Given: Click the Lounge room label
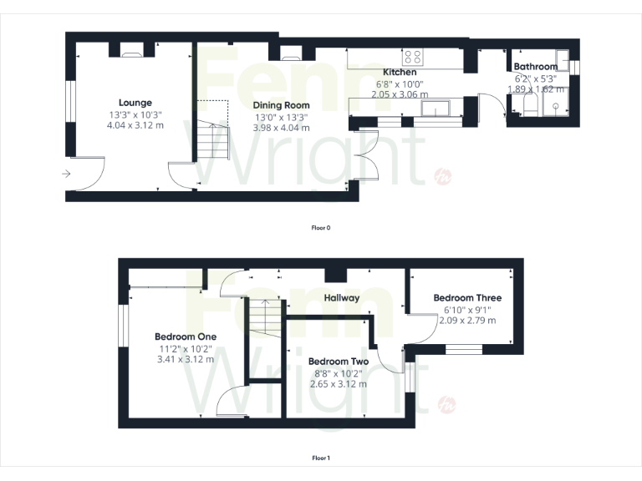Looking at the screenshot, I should tap(135, 103).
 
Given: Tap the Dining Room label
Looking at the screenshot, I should tap(282, 105).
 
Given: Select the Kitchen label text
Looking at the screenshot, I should tap(400, 73).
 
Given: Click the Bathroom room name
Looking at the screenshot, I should tap(535, 67).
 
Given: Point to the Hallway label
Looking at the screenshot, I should tap(341, 297).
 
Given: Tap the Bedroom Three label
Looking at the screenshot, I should tap(467, 297).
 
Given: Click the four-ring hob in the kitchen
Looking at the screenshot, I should tap(412, 57).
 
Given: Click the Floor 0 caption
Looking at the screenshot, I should tap(321, 227).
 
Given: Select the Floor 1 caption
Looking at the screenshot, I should tap(321, 458).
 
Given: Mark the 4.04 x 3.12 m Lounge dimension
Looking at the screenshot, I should tap(135, 125).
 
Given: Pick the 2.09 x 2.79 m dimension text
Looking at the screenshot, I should tap(467, 320).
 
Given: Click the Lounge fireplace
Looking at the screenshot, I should tap(131, 52).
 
